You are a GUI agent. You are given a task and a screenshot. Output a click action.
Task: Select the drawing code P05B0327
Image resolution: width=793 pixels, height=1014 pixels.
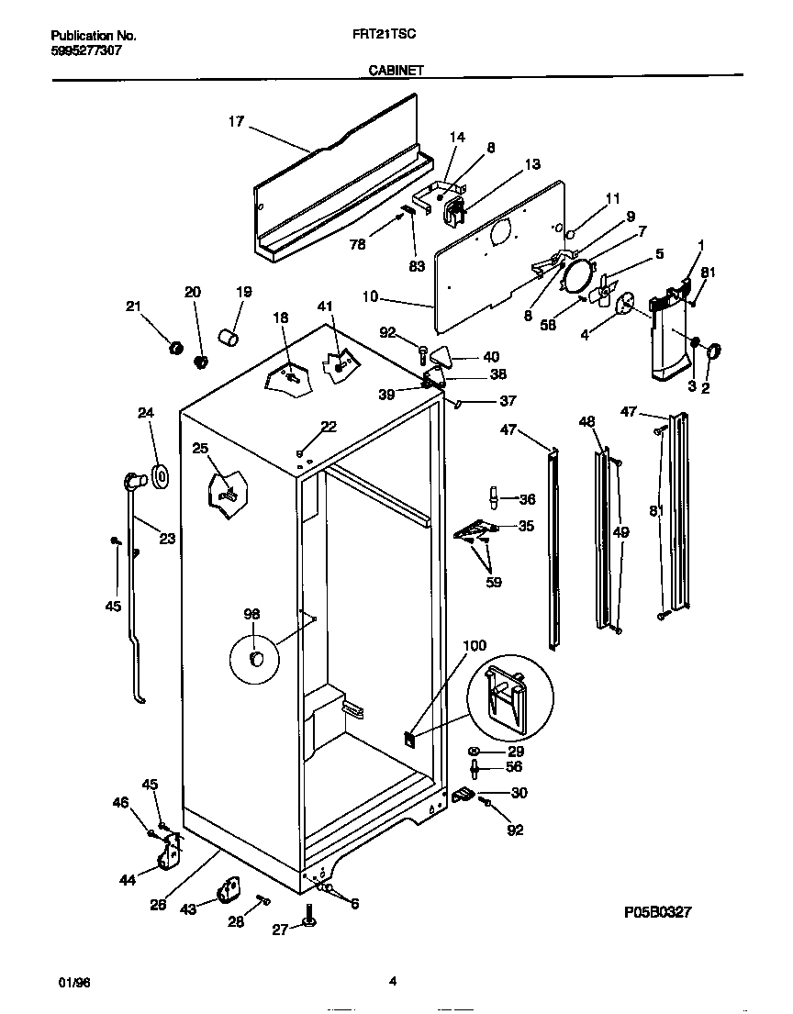[656, 912]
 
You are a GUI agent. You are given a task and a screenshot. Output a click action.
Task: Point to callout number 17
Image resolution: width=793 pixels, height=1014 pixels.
[236, 121]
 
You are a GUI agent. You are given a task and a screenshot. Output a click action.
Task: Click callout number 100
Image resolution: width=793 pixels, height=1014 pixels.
[475, 646]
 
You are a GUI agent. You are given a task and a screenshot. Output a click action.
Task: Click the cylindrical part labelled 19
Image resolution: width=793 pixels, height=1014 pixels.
[229, 337]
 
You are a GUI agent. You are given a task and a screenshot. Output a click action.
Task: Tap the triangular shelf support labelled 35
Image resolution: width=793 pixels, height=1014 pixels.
[477, 529]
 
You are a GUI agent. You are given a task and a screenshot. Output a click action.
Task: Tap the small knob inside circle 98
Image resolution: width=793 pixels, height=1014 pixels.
[257, 658]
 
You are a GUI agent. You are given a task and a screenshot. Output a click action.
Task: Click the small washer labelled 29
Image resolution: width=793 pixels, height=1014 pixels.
[474, 750]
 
